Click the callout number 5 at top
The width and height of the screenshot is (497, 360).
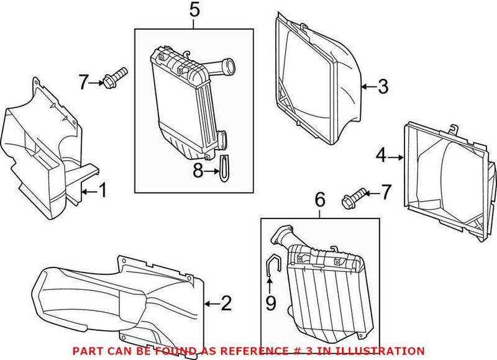pyautogui.click(x=194, y=11)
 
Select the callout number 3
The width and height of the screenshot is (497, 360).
pyautogui.click(x=383, y=86)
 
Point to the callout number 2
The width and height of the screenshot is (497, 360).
pyautogui.click(x=226, y=304)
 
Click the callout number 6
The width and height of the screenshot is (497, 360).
pyautogui.click(x=320, y=200)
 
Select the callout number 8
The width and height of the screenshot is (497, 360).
pyautogui.click(x=198, y=171)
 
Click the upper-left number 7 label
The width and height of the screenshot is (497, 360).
pyautogui.click(x=84, y=81)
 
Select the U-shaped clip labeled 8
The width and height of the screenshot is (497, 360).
pyautogui.click(x=223, y=168)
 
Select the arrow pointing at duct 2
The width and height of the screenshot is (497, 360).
pyautogui.click(x=209, y=304)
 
